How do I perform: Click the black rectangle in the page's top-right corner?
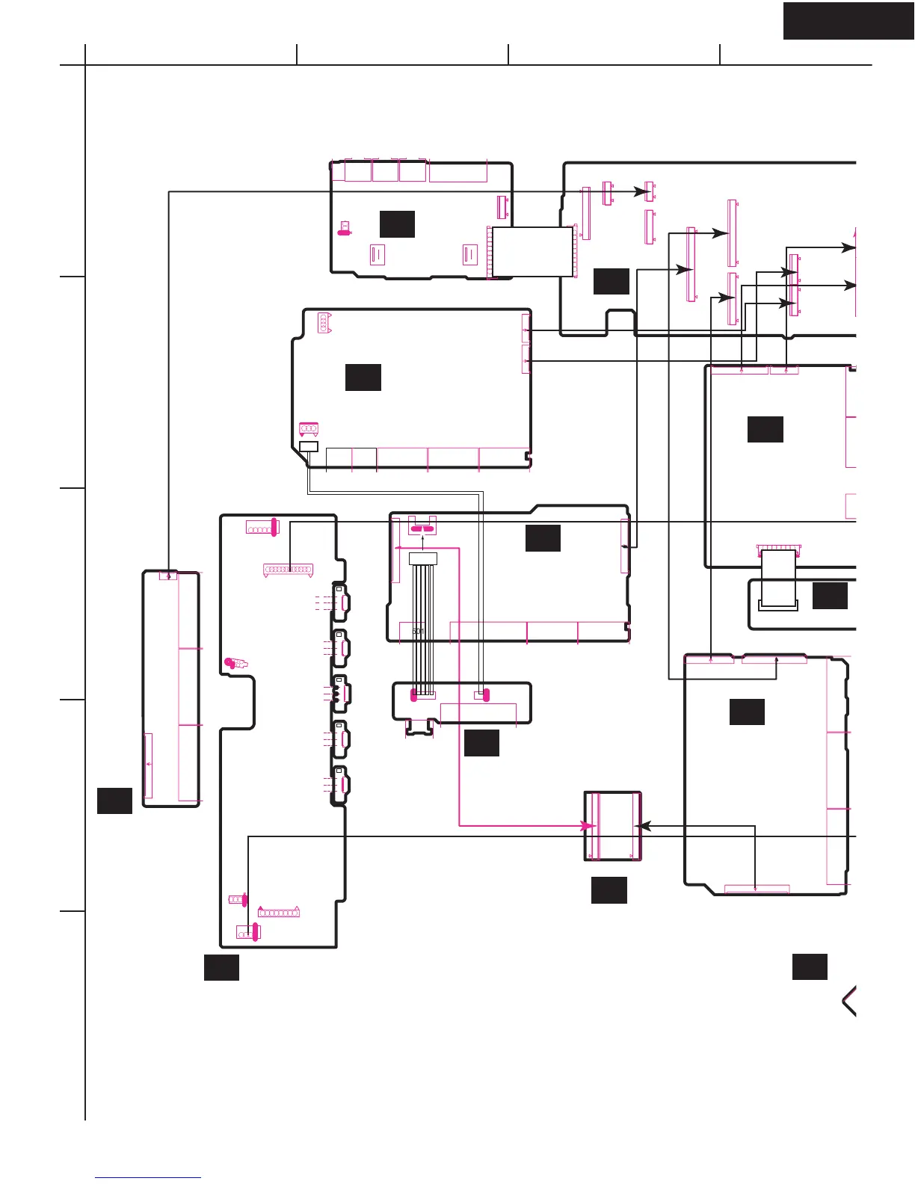point(848,20)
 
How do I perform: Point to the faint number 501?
point(418,632)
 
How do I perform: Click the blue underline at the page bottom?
point(148,1178)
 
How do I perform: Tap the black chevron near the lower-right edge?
point(849,1001)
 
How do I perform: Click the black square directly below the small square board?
point(609,890)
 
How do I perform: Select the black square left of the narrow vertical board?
point(114,801)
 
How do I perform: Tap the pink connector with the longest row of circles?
point(288,570)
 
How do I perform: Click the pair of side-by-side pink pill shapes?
point(422,528)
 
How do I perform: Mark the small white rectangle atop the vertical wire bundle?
point(422,559)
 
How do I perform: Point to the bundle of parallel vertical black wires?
point(424,628)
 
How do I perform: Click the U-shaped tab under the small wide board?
point(419,727)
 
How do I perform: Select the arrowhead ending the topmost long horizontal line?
point(647,192)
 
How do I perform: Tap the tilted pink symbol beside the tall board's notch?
point(236,663)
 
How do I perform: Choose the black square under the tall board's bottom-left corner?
point(221,967)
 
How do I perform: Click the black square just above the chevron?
point(810,966)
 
